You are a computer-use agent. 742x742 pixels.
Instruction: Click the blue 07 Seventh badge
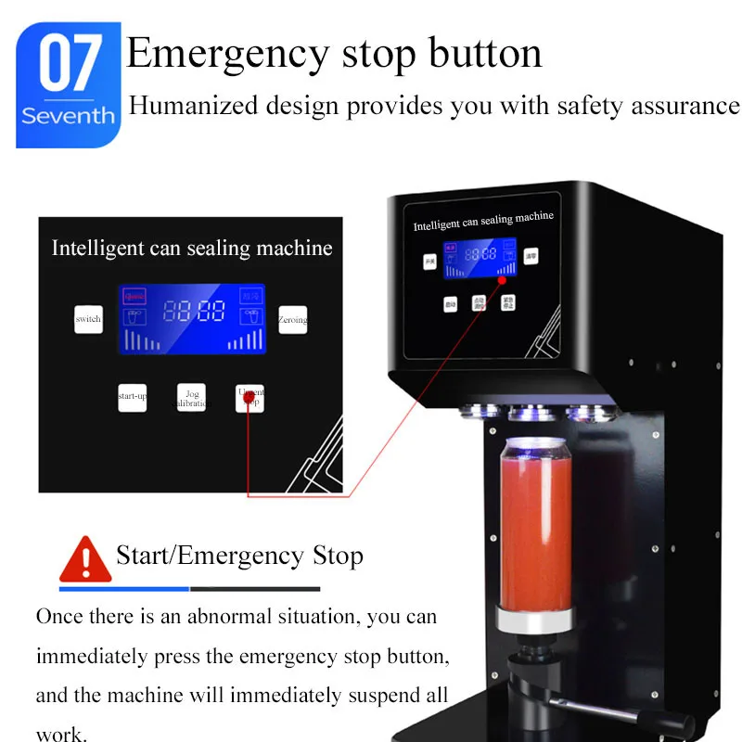pos(68,85)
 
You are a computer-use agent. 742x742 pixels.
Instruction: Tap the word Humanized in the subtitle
pos(185,106)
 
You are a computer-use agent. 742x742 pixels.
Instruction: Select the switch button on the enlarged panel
pos(88,319)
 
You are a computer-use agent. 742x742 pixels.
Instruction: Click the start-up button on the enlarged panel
pos(132,397)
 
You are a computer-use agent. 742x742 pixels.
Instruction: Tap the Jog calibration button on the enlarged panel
pos(192,398)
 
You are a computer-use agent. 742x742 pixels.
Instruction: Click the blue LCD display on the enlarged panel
pos(192,319)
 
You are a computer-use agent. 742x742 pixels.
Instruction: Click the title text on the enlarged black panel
pos(191,249)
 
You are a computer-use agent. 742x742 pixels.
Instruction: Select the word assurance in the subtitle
pos(685,106)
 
